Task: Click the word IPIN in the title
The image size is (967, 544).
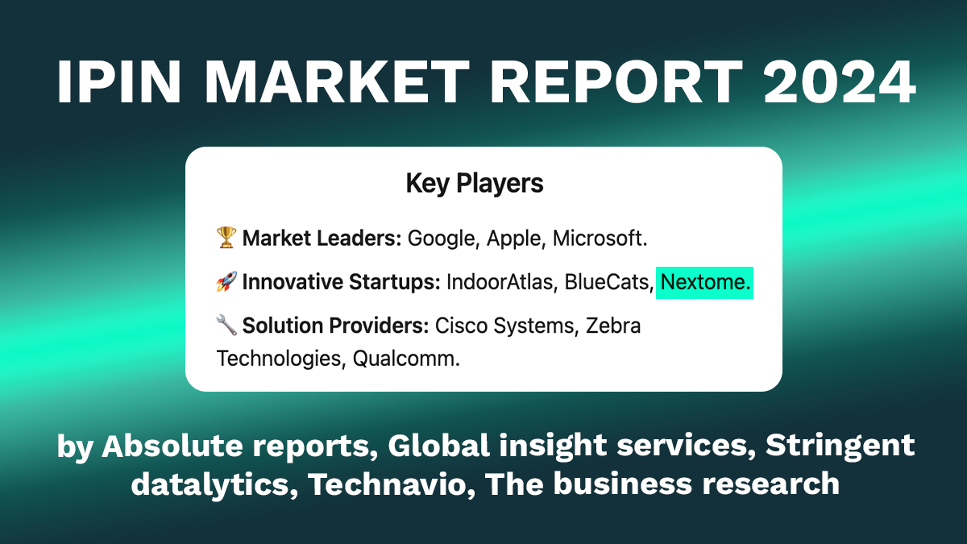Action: pyautogui.click(x=118, y=81)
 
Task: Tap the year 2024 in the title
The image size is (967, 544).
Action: pyautogui.click(x=839, y=81)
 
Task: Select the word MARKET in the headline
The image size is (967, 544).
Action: pyautogui.click(x=337, y=81)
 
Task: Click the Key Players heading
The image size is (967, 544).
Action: pyautogui.click(x=475, y=184)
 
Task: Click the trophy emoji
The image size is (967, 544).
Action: pyautogui.click(x=226, y=238)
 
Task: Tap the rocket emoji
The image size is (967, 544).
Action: pyautogui.click(x=226, y=281)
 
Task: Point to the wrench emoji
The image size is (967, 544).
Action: pyautogui.click(x=226, y=325)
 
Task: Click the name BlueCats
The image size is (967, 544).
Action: pyautogui.click(x=608, y=282)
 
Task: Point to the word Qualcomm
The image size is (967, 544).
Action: pyautogui.click(x=406, y=359)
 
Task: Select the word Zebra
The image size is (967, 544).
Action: pyautogui.click(x=613, y=326)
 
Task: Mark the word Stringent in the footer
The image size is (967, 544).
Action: pyautogui.click(x=840, y=446)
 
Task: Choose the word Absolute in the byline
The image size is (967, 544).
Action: pyautogui.click(x=172, y=445)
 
